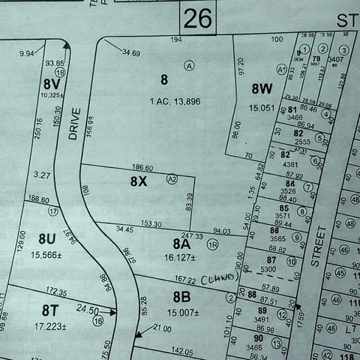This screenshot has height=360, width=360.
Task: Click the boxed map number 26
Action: tap(198, 19)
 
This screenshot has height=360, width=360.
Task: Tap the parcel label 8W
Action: tap(262, 88)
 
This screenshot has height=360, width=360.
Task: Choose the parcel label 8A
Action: tap(182, 244)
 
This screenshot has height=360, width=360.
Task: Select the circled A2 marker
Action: tap(172, 178)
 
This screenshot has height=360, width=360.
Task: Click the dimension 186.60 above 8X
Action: tap(142, 168)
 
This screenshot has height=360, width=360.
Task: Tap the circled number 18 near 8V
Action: tap(60, 73)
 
